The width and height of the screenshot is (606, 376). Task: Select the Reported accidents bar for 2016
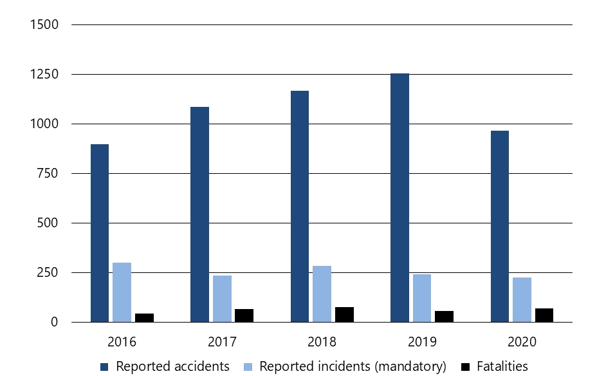click(100, 233)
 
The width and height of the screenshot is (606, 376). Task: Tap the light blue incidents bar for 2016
click(122, 292)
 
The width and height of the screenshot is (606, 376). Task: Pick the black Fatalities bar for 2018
click(344, 314)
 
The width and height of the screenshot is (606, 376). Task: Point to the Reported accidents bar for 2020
click(500, 226)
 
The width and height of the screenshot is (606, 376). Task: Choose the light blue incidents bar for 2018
click(322, 294)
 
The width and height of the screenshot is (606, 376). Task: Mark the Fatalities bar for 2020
click(544, 315)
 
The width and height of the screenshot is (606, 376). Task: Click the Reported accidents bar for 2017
click(199, 214)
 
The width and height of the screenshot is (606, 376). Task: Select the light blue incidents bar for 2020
click(522, 299)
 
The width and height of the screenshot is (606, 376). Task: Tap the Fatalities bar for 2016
click(144, 317)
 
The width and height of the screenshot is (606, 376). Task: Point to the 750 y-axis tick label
click(48, 174)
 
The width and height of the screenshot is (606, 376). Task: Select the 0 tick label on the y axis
click(55, 322)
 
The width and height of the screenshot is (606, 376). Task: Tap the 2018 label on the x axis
click(322, 341)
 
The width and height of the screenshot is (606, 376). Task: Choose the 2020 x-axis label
click(522, 341)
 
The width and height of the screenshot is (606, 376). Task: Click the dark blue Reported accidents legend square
click(105, 367)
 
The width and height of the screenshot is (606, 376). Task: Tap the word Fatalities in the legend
click(502, 366)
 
